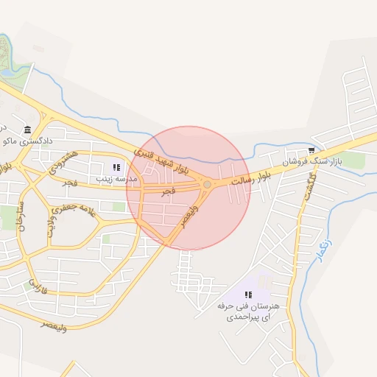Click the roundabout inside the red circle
tap(208, 184)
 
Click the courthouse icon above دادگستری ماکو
tap(27, 129)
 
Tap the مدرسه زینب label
tap(111, 178)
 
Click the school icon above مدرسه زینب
tap(116, 167)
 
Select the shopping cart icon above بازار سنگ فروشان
tap(311, 149)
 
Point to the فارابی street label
tap(38, 286)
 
